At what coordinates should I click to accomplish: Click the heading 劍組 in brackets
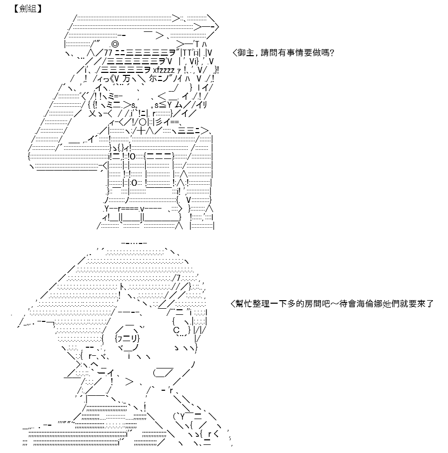27,9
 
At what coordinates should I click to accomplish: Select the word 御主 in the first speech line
246,53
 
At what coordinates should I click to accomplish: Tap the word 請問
269,53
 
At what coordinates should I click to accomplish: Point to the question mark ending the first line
332,53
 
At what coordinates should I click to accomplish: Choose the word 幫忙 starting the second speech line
244,304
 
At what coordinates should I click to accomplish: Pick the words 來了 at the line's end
425,304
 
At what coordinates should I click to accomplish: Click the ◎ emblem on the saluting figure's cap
114,44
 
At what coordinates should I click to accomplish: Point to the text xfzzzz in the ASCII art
164,70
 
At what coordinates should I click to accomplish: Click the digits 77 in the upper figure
108,53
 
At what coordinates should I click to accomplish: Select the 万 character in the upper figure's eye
126,78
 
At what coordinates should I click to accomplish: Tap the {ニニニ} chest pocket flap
159,156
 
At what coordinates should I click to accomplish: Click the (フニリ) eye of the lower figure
127,338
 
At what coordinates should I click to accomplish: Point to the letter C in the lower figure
176,330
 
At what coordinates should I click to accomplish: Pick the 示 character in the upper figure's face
153,78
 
